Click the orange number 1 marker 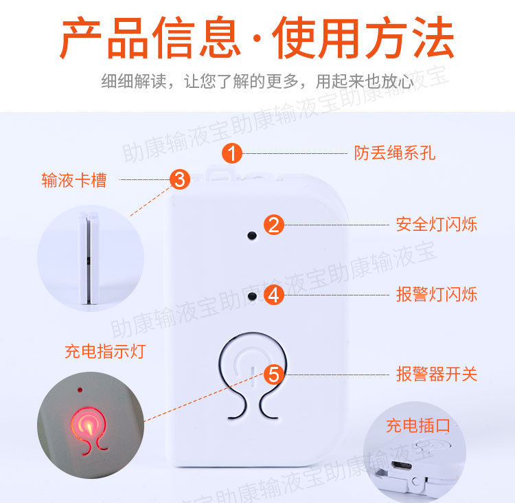pos(233,153)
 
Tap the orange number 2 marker pos(274,225)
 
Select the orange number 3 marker pos(179,180)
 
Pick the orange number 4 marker pos(274,295)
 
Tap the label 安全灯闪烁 pos(436,225)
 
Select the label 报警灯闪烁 pos(436,295)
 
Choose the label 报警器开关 pos(436,375)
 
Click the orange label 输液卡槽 pos(74,181)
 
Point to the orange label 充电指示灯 pos(105,352)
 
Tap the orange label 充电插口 pos(417,425)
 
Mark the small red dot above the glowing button pos(80,390)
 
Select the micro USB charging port pos(399,466)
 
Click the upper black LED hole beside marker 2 pos(252,235)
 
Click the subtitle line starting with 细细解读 pos(257,81)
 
